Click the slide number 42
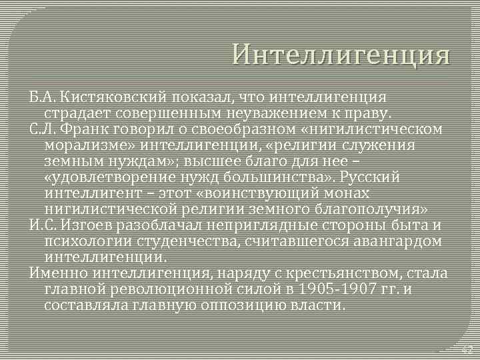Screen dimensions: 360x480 click(467, 349)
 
